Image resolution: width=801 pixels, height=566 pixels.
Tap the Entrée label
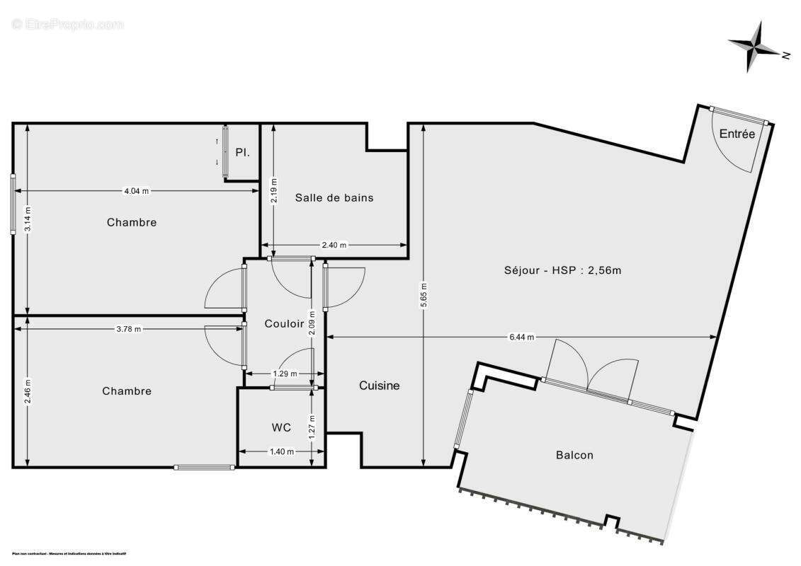(737, 134)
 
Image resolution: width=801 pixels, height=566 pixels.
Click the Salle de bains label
(334, 198)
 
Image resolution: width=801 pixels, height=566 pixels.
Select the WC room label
(281, 427)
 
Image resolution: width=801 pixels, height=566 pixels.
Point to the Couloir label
(284, 323)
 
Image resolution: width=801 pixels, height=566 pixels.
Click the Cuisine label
(379, 386)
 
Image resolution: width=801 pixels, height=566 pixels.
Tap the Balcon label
(574, 455)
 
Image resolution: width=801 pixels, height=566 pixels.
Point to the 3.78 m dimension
(127, 328)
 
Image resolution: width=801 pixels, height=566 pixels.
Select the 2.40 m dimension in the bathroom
(334, 246)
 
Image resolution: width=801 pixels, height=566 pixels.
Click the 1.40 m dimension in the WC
(281, 451)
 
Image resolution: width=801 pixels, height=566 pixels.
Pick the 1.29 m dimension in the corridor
(285, 374)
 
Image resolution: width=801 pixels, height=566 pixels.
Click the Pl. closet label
(242, 152)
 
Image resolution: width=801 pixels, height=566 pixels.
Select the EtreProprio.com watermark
(67, 24)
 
